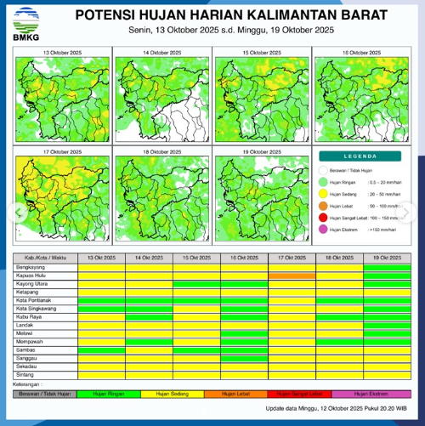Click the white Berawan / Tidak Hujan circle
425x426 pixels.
click(x=324, y=170)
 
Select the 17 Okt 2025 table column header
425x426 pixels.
click(x=292, y=258)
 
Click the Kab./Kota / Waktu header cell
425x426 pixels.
click(x=46, y=258)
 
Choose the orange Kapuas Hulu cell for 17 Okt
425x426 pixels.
click(x=292, y=275)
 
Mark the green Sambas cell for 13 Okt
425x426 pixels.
click(x=101, y=349)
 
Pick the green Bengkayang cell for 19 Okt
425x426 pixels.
click(x=387, y=266)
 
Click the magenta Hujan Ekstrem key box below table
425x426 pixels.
click(x=371, y=394)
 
